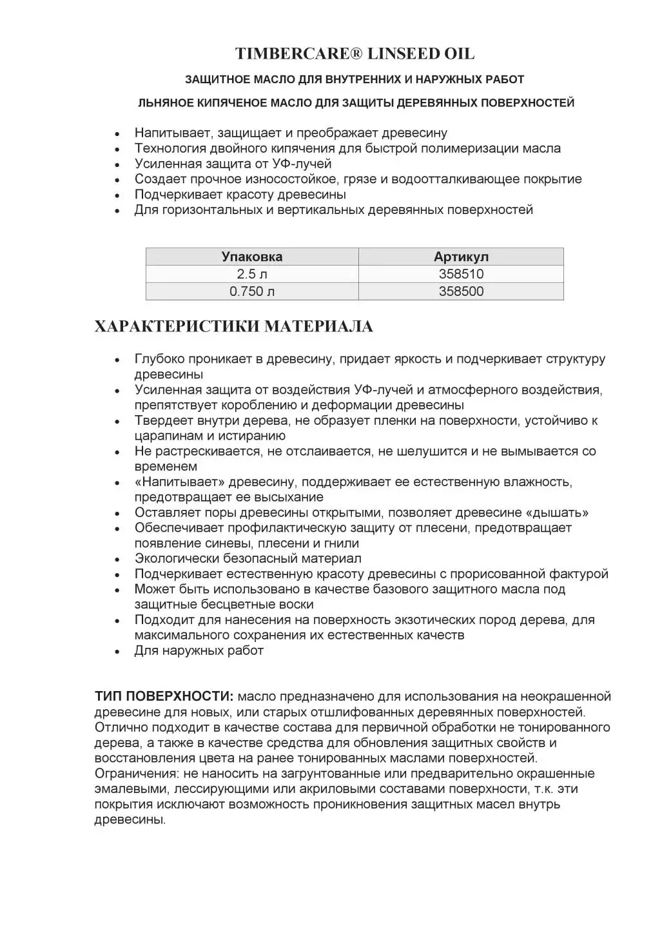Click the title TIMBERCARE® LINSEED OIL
[355, 54]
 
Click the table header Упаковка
[252, 257]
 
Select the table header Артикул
[461, 257]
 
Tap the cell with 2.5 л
[252, 274]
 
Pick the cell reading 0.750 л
[252, 291]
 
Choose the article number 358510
[461, 274]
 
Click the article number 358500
[461, 291]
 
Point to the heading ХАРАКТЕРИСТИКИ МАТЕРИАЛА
[233, 327]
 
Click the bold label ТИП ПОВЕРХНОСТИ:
[164, 697]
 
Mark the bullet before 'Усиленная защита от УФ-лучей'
[117, 165]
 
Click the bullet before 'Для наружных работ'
[117, 652]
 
